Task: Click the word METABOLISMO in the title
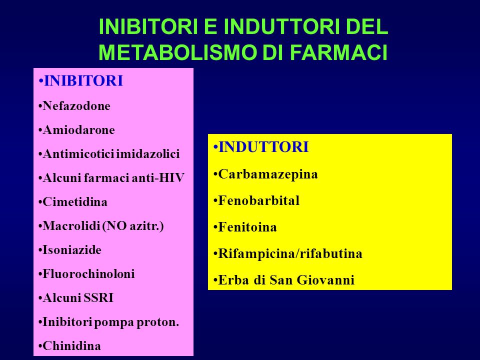tap(177, 52)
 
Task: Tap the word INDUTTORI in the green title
tap(281, 26)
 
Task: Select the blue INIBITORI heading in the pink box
tap(83, 81)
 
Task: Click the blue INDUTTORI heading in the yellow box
tap(263, 147)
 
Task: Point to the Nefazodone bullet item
tap(76, 106)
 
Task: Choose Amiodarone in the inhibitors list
tap(78, 130)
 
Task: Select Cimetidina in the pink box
tap(75, 202)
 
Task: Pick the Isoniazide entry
tap(72, 250)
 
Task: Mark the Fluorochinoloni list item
tap(88, 274)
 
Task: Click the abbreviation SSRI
tap(98, 298)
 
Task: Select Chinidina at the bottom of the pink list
tap(71, 346)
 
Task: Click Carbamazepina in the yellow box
tap(268, 174)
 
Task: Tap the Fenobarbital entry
tap(258, 201)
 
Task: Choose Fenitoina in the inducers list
tap(247, 227)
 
